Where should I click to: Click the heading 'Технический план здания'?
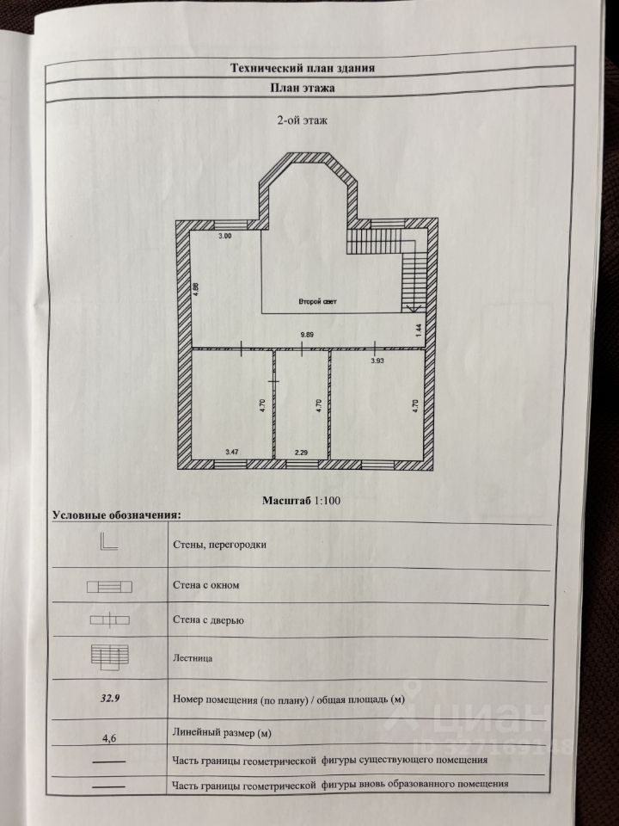pos(303,67)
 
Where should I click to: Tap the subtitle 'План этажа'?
pos(303,88)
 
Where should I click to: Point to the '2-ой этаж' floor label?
pos(303,121)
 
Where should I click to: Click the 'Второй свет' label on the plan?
pos(317,302)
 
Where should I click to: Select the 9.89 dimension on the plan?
pos(306,333)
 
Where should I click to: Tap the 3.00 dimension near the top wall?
pos(225,236)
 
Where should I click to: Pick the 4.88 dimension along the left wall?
pos(196,289)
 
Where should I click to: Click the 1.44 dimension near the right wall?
pos(419,330)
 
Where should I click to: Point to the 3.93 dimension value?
pos(377,361)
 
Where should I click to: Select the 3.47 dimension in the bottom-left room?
pos(232,451)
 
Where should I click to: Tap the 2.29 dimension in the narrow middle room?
pos(301,451)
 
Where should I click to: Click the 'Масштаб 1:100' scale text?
pos(303,499)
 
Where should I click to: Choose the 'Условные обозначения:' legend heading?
pos(116,515)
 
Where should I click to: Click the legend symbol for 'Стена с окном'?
pos(108,587)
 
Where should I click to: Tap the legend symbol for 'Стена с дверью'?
pos(109,619)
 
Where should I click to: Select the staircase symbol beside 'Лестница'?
pos(109,656)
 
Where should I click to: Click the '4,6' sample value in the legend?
pos(109,737)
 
